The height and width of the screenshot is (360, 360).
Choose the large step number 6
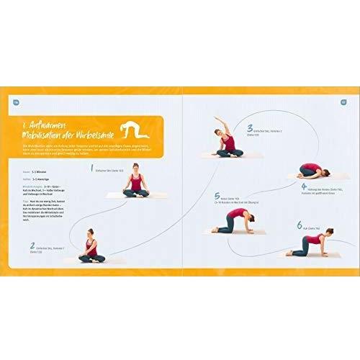[x=300, y=224]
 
